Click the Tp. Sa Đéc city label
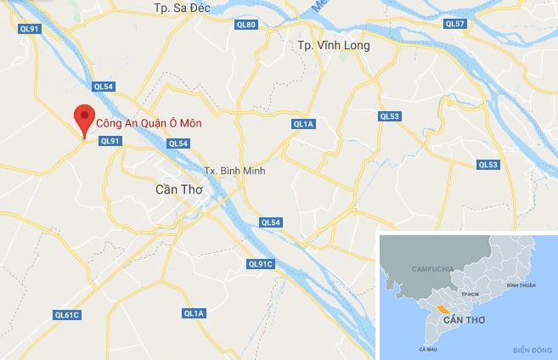(182, 8)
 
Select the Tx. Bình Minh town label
(236, 171)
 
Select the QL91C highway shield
(261, 264)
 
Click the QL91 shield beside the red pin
(111, 142)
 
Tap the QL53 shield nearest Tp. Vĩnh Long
(389, 116)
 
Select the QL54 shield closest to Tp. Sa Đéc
(104, 86)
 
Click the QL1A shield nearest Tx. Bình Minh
(303, 124)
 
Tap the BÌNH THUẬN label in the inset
(521, 285)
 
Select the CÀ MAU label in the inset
(428, 348)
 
